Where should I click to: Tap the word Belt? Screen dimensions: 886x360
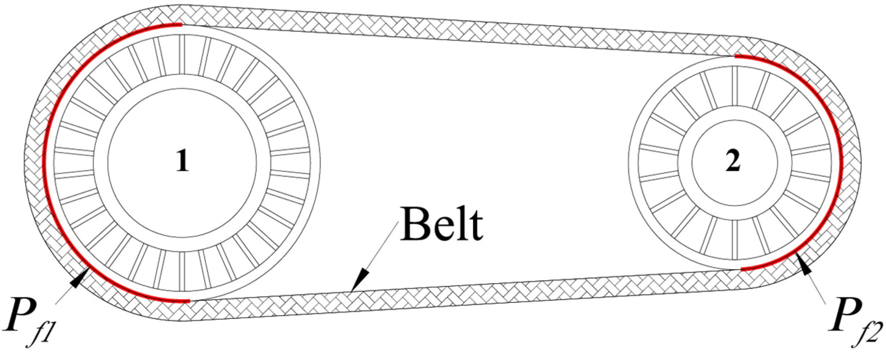click(441, 223)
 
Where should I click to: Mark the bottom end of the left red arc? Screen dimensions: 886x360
click(189, 301)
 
